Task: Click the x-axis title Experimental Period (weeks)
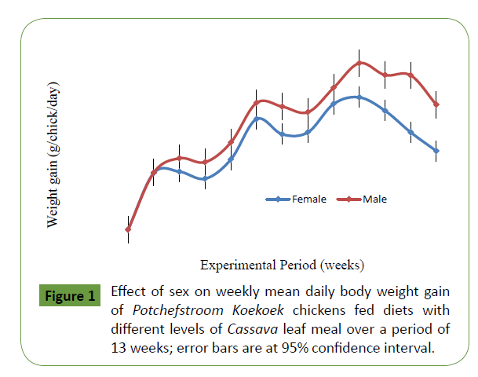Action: pyautogui.click(x=282, y=264)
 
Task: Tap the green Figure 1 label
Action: pyautogui.click(x=68, y=297)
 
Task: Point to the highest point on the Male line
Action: pyautogui.click(x=359, y=63)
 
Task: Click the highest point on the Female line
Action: pyautogui.click(x=359, y=97)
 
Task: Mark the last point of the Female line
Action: pyautogui.click(x=436, y=151)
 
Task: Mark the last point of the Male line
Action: pyautogui.click(x=436, y=104)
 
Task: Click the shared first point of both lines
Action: pyautogui.click(x=128, y=229)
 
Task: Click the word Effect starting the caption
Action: pyautogui.click(x=130, y=291)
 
